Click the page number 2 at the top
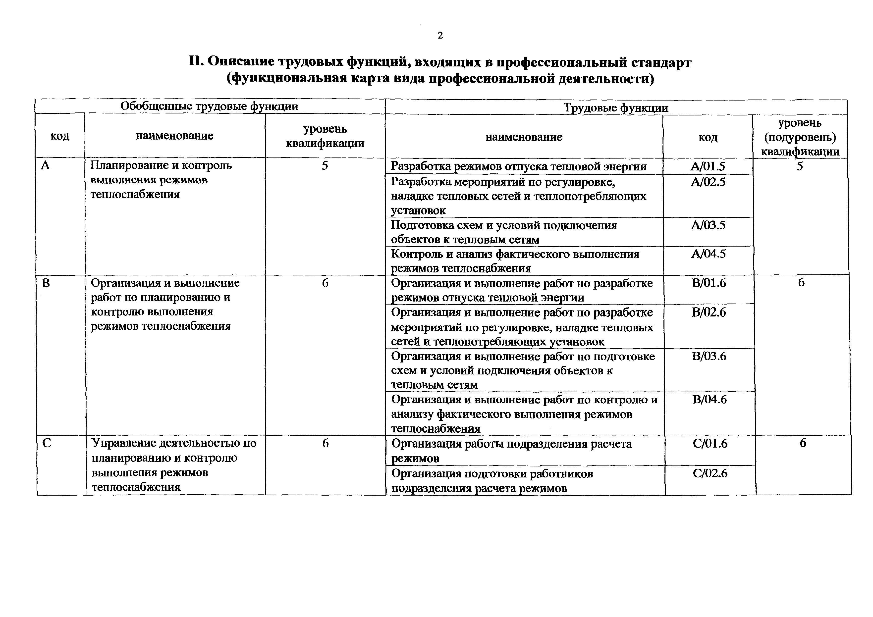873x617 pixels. (440, 35)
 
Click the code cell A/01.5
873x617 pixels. (708, 166)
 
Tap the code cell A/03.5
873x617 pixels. (708, 225)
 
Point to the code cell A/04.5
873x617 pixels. (708, 254)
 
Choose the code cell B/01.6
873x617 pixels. (709, 283)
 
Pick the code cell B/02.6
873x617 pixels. (709, 312)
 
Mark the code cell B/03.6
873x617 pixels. (709, 356)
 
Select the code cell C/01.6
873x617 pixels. (710, 444)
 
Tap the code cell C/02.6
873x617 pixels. (710, 473)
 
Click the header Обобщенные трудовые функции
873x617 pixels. (210, 106)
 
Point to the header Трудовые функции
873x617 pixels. (616, 107)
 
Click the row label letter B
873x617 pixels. (46, 283)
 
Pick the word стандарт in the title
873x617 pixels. (661, 62)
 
